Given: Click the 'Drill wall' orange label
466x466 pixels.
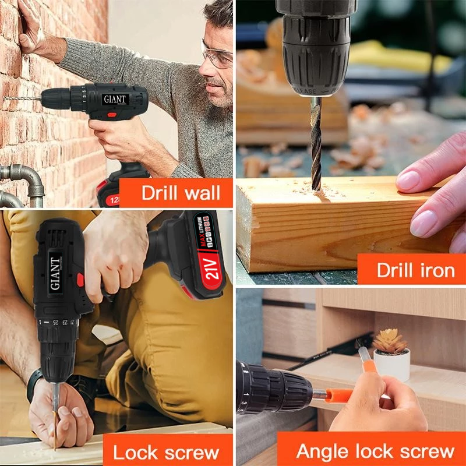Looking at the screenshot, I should click(x=175, y=193).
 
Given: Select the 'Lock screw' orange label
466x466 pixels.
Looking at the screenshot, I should click(x=165, y=451).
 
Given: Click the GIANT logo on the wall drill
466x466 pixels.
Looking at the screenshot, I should click(x=115, y=99).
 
